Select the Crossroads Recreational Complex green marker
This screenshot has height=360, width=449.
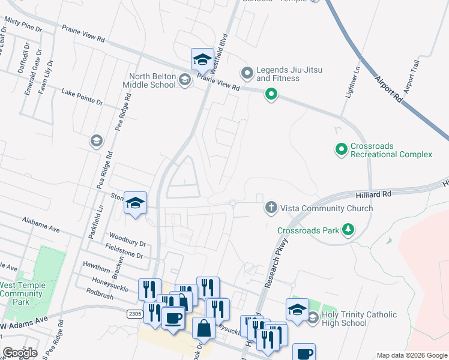click(x=341, y=148)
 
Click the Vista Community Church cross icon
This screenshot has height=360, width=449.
click(x=271, y=208)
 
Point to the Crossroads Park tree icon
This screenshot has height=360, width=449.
click(x=348, y=230)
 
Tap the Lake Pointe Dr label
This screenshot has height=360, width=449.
click(x=82, y=97)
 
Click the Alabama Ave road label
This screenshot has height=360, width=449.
click(x=41, y=224)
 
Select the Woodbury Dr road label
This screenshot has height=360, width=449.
click(x=128, y=239)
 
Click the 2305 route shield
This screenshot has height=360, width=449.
click(x=134, y=314)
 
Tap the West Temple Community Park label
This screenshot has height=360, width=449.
click(x=22, y=293)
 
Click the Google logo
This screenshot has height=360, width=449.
click(x=19, y=353)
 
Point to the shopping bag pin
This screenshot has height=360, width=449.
click(x=203, y=329)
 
